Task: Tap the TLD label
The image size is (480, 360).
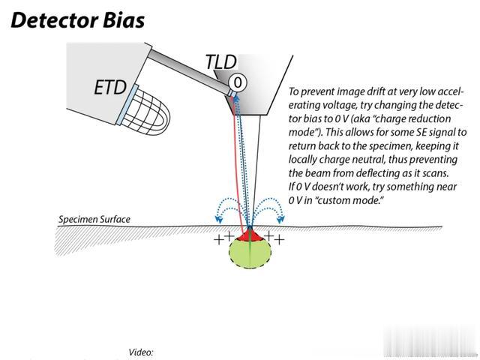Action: click(221, 62)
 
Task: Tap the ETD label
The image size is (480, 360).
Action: click(110, 87)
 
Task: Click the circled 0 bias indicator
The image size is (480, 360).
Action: click(237, 82)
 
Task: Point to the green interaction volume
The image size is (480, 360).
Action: click(250, 253)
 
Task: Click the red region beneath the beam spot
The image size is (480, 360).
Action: click(250, 235)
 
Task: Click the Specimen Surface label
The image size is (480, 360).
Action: click(94, 220)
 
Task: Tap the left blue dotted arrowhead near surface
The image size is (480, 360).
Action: click(218, 219)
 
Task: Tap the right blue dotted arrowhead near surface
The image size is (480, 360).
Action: click(280, 219)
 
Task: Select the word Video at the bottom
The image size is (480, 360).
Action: click(141, 352)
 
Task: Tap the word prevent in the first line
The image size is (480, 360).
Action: click(316, 91)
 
